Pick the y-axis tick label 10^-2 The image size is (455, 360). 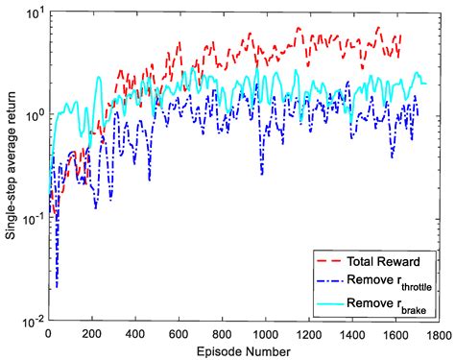point(32,320)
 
